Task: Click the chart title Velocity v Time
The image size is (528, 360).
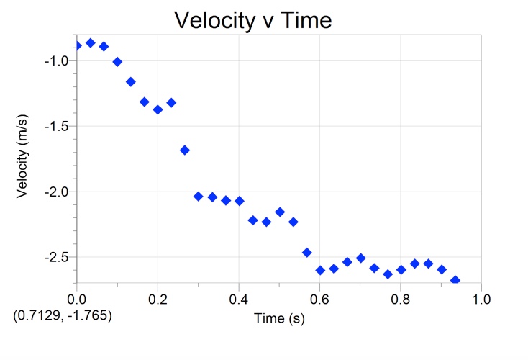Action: point(252,20)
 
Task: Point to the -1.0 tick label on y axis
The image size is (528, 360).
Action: point(56,61)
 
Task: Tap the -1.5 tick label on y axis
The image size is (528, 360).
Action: point(56,127)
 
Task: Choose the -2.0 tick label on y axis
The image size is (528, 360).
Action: point(56,192)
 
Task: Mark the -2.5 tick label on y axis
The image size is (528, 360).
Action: point(56,258)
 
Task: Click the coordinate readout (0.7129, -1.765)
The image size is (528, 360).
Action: point(62,315)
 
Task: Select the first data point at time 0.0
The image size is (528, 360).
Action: point(77,46)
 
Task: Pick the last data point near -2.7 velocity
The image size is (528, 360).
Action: point(455,280)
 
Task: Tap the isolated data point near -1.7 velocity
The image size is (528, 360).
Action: point(185,150)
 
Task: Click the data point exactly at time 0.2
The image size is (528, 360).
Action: point(158,109)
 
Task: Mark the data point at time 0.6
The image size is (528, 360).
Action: point(320,270)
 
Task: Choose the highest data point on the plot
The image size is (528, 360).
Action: point(90,43)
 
